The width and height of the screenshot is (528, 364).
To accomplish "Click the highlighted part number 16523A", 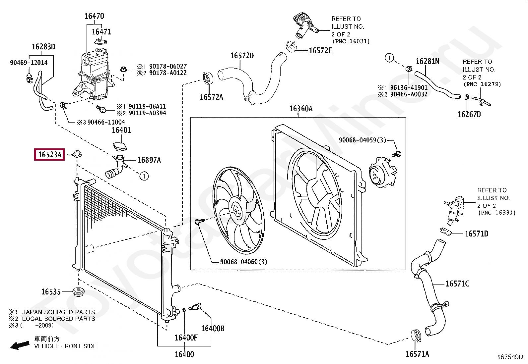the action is [x=49, y=154].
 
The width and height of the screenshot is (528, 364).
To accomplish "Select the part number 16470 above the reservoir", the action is [x=94, y=16].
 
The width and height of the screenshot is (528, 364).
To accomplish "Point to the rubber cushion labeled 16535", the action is [x=79, y=292].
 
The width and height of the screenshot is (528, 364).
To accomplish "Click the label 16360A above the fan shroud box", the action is [x=301, y=109].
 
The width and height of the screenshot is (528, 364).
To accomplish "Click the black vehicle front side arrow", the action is [x=20, y=345].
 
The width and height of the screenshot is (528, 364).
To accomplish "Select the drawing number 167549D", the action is [x=510, y=357].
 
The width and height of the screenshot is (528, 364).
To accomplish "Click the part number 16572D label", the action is [x=242, y=56].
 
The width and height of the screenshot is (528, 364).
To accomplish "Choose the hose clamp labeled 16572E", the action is [x=291, y=47].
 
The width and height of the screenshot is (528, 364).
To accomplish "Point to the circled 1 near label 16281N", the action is [x=389, y=58].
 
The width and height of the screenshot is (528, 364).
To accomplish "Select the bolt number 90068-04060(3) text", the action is [x=244, y=262].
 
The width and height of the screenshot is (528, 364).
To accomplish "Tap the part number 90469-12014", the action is [x=29, y=63].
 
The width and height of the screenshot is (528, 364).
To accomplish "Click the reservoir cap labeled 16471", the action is [x=100, y=42].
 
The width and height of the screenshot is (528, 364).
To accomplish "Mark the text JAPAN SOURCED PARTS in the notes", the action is [x=59, y=312].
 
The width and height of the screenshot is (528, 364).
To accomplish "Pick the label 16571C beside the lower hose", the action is [x=457, y=284].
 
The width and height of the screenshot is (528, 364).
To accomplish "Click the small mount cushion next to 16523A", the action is [x=77, y=154].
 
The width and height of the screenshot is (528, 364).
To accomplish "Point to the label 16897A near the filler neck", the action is [x=149, y=160].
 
